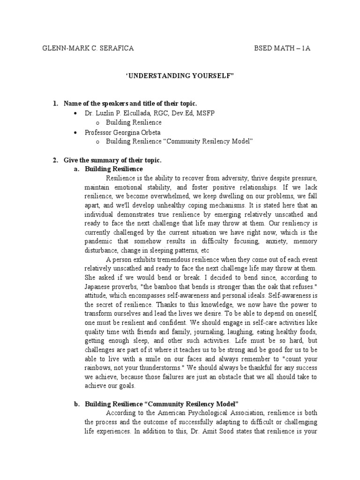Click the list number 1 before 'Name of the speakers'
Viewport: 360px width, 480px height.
[55, 103]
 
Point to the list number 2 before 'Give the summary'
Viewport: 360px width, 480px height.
[55, 160]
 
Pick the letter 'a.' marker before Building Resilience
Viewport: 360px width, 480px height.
[76, 169]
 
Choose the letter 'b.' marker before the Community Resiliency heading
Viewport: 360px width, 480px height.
[76, 403]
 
